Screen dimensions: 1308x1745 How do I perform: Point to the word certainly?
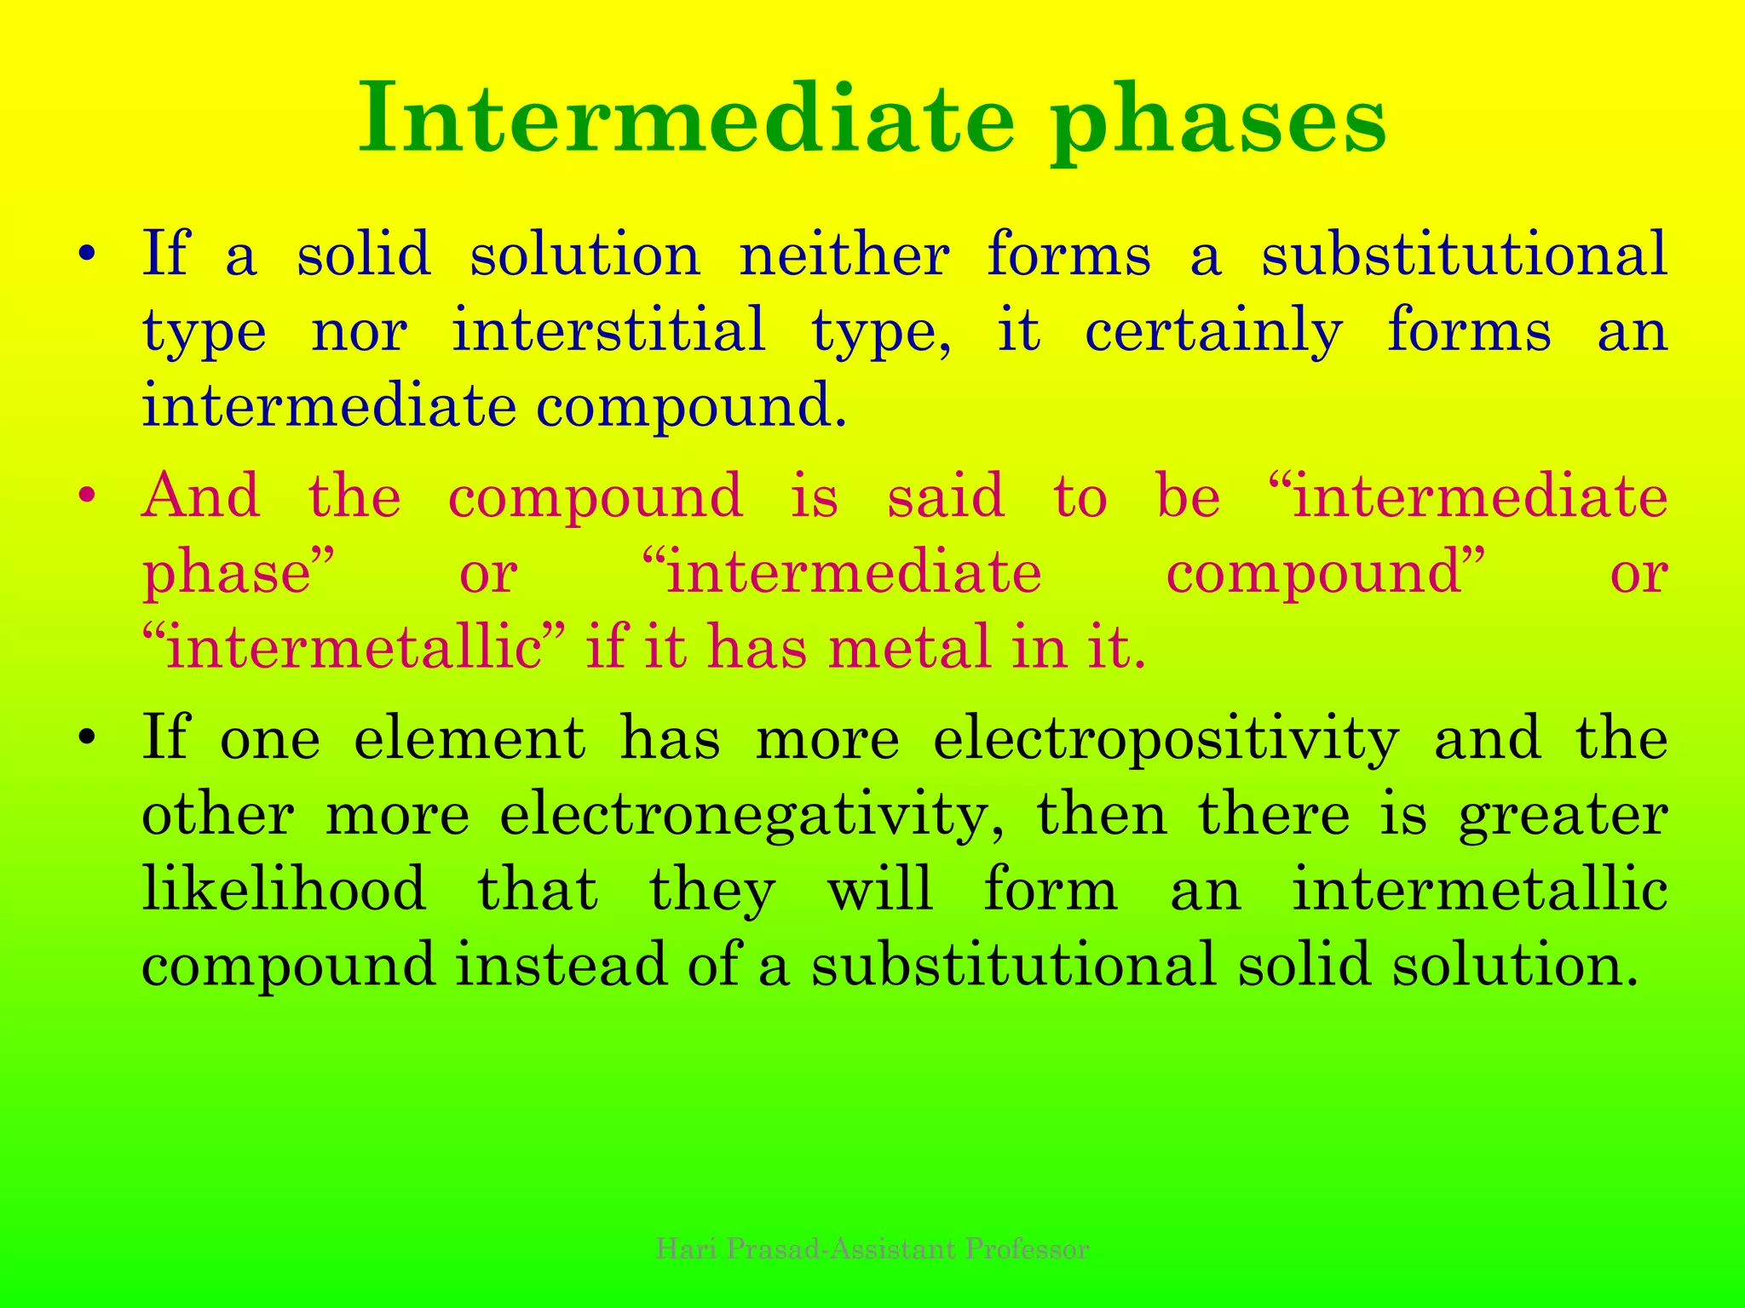(1213, 332)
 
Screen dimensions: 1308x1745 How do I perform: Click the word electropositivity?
(1166, 739)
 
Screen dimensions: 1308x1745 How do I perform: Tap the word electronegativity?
(752, 816)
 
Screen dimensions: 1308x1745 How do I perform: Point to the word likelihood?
(284, 889)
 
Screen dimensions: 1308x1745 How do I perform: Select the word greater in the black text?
(1562, 816)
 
